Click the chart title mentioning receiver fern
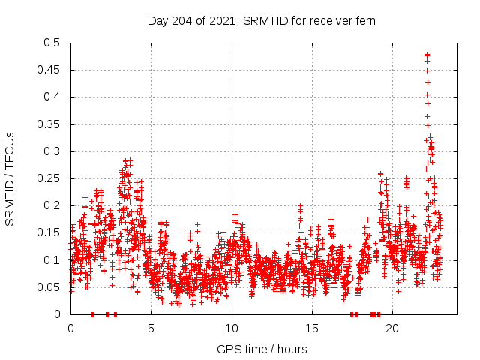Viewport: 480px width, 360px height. [262, 20]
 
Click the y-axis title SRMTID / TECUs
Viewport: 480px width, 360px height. [10, 178]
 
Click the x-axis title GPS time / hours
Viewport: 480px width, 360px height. [262, 349]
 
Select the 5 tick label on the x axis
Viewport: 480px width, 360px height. [151, 328]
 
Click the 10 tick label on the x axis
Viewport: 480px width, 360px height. [232, 328]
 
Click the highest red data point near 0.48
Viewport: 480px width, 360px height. [427, 55]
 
